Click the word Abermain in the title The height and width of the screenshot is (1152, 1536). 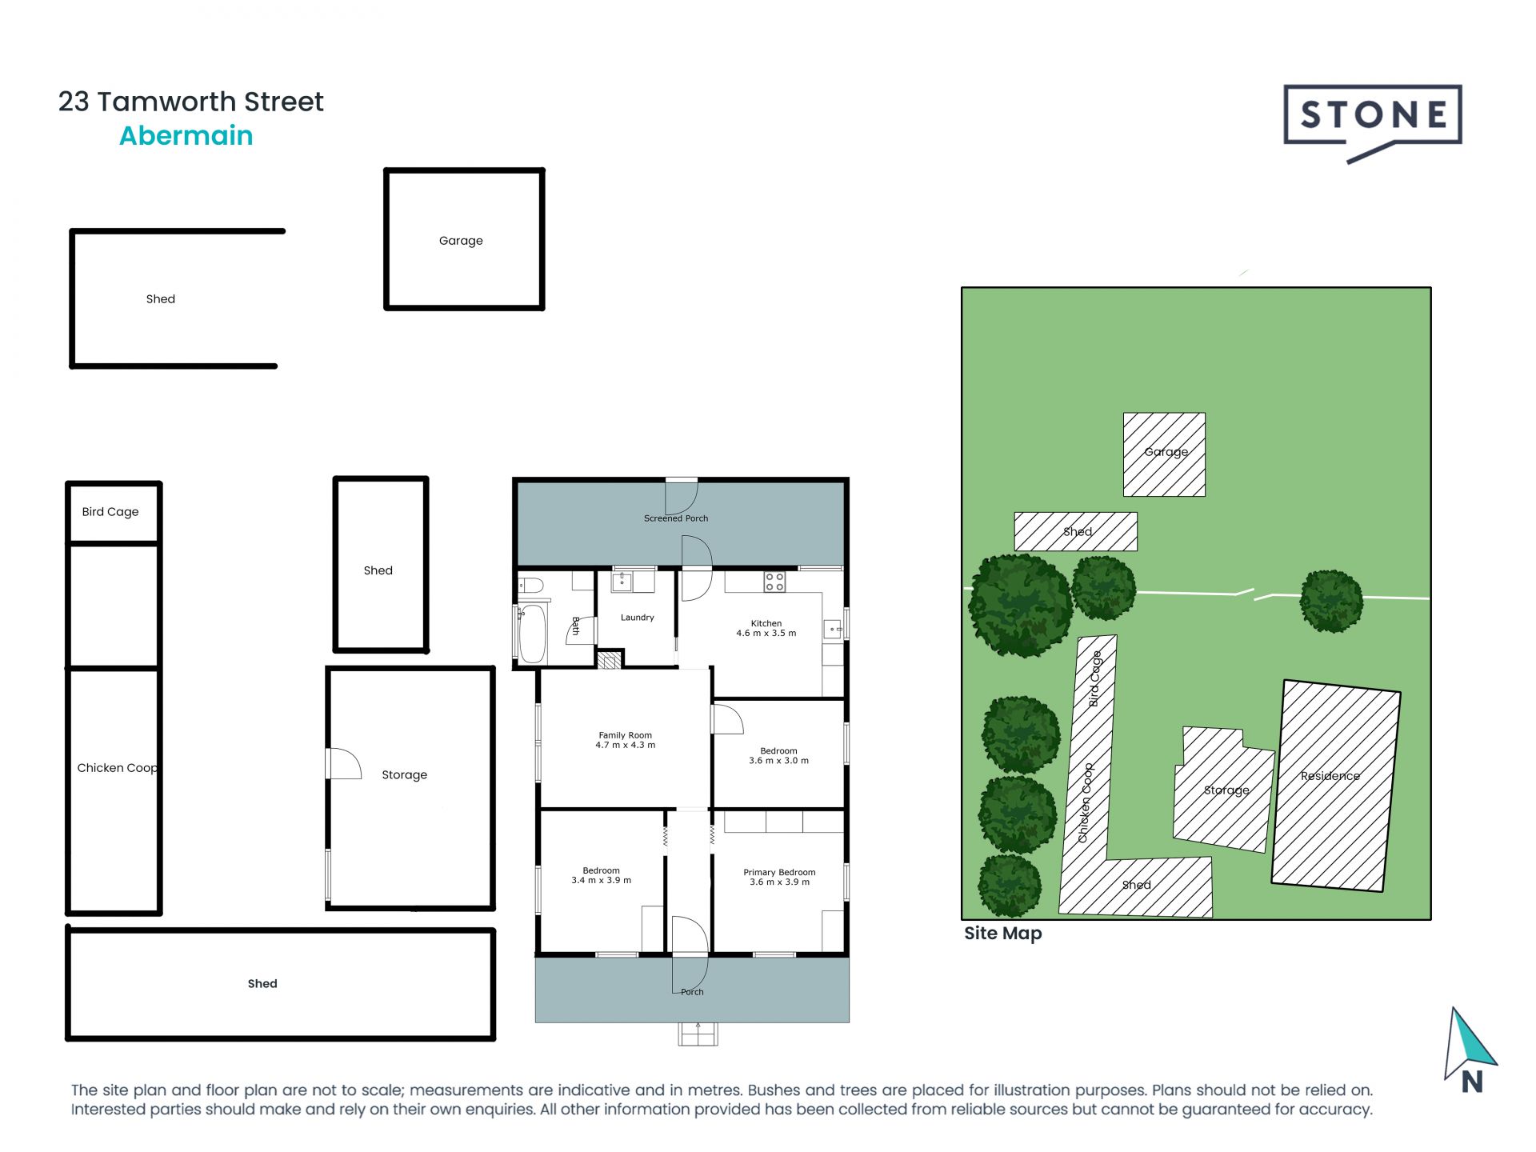click(186, 136)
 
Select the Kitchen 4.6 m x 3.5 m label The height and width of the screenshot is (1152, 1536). click(766, 628)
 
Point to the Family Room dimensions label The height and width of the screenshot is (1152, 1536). click(625, 740)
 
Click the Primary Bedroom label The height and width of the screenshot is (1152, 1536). click(779, 877)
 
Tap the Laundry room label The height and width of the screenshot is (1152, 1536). click(637, 618)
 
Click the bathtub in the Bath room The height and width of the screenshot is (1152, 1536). click(532, 633)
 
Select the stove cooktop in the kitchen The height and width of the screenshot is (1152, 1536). click(774, 582)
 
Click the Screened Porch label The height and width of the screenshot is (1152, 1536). click(675, 518)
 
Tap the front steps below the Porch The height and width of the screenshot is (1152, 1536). click(698, 1034)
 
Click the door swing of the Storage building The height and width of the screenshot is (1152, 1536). click(344, 764)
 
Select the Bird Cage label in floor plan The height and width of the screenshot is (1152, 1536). click(110, 512)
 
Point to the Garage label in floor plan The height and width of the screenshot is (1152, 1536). click(461, 241)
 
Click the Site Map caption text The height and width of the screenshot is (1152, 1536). click(1002, 934)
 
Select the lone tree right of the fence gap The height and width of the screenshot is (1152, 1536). click(1330, 601)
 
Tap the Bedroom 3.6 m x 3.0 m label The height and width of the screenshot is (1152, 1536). click(778, 756)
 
